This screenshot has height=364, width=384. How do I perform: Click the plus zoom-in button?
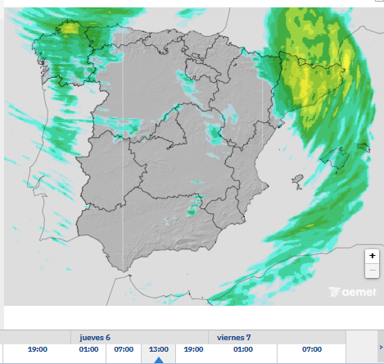[x=373, y=256]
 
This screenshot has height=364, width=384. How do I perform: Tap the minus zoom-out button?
[x=373, y=270]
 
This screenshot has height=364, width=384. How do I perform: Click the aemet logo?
[x=351, y=292]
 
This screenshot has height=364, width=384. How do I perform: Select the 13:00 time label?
[x=159, y=349]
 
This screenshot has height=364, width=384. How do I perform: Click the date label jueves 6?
[x=95, y=337]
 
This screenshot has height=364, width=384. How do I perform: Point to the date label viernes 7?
[x=234, y=337]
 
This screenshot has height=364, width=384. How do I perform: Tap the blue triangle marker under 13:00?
[x=159, y=359]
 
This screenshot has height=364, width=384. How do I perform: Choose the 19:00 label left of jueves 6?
[x=38, y=349]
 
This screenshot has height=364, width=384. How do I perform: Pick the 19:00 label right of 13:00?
[x=193, y=349]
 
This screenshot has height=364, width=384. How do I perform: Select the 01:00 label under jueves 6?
[x=88, y=349]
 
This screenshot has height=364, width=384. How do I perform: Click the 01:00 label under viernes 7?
[x=242, y=349]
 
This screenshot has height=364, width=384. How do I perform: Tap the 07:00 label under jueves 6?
[x=124, y=349]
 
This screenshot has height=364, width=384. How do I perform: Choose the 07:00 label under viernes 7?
[x=312, y=349]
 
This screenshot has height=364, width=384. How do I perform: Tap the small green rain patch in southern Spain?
[x=191, y=212]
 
